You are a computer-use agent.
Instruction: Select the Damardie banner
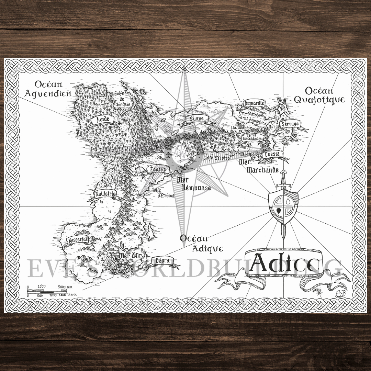tap(254, 103)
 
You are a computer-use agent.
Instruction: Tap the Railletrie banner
tap(105, 194)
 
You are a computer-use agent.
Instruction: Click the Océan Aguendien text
tap(53, 89)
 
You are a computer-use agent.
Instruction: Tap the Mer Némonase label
tap(194, 183)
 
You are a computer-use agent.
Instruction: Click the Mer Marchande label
tap(259, 167)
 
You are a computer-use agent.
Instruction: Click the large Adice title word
tap(284, 264)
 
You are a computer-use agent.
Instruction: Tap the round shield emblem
tap(283, 207)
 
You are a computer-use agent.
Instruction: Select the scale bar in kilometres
tap(47, 290)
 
